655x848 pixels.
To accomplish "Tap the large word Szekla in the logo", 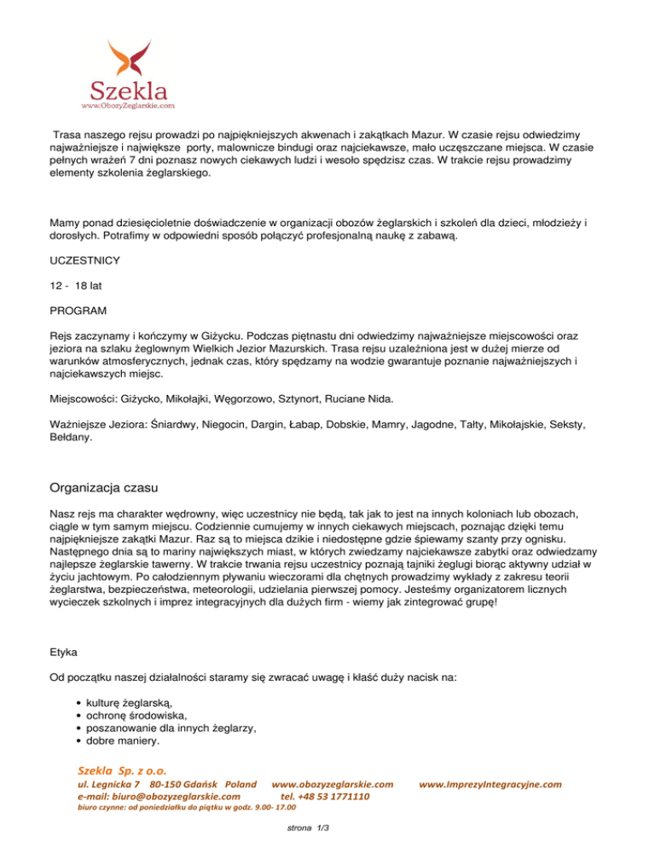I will tap(129, 90).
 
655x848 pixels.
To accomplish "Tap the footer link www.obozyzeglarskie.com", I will tap(332, 783).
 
